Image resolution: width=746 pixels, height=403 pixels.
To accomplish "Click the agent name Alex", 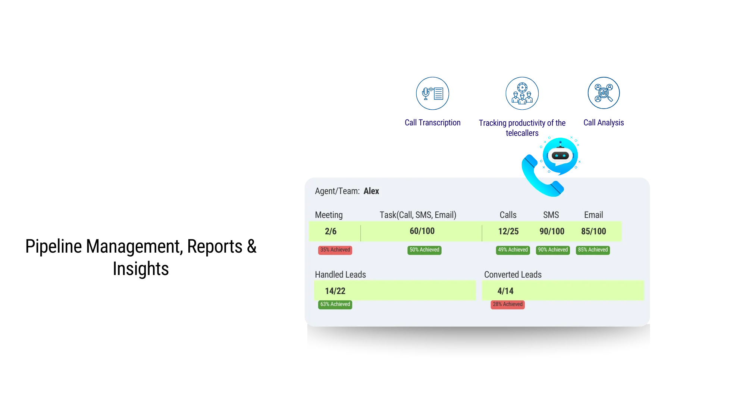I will pos(371,191).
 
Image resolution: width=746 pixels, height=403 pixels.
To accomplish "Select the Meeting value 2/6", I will pos(330,231).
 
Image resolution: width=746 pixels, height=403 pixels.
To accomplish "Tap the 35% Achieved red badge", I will pos(335,250).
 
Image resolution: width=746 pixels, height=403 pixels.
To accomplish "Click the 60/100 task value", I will pos(422,231).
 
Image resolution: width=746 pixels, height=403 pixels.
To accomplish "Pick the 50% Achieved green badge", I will pos(424,250).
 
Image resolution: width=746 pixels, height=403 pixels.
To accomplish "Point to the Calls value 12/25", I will pos(508,231).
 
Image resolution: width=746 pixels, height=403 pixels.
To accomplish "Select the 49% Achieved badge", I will pos(513,250).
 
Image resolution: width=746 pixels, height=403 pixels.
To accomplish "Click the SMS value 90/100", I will pos(552,231).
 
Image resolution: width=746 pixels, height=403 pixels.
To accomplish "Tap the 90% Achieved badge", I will pos(553,250).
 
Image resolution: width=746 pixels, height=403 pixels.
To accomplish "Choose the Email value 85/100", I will pos(593,231).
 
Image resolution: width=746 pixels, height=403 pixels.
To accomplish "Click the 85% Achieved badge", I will pos(593,250).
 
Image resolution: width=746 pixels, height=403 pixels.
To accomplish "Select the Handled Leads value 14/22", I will pos(335,291).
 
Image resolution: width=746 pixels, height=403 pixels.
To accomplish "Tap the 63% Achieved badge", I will pos(335,304).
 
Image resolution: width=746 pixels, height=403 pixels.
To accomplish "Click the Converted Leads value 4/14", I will pos(505,291).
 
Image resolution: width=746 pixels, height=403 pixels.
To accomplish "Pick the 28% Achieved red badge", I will pos(507,304).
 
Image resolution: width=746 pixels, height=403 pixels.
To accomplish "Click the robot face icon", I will pos(560,155).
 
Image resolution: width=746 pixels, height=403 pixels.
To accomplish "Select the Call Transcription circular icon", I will pos(432,93).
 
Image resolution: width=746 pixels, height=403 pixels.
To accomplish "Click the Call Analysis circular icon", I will pos(604,93).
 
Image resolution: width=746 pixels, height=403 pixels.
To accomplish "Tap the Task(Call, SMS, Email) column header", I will pos(418,215).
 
